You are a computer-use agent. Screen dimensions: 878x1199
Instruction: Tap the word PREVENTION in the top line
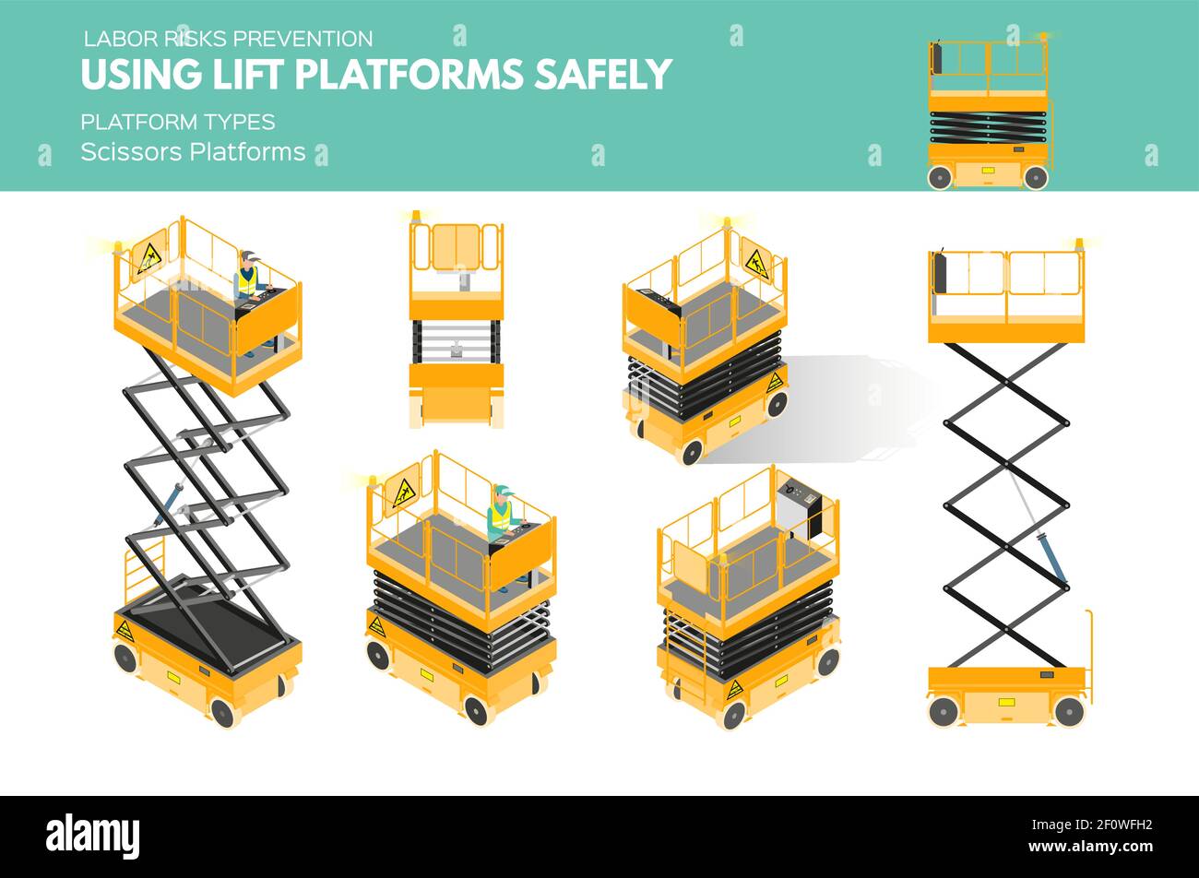coord(303,39)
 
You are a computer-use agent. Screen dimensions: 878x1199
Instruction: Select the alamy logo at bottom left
coord(92,836)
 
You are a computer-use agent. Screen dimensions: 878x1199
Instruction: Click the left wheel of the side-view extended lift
coord(943,711)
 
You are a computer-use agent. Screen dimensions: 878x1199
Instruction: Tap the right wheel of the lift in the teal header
coord(1035,177)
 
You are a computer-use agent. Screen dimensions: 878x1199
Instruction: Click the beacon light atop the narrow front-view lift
coord(416,217)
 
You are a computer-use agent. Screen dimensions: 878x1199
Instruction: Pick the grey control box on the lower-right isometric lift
coord(799,506)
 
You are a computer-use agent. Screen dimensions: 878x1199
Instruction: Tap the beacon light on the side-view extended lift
coord(1079,243)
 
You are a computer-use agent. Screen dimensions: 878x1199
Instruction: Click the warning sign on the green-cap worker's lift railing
coord(404,493)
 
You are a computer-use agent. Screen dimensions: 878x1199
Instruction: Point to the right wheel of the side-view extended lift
coord(1068,711)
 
